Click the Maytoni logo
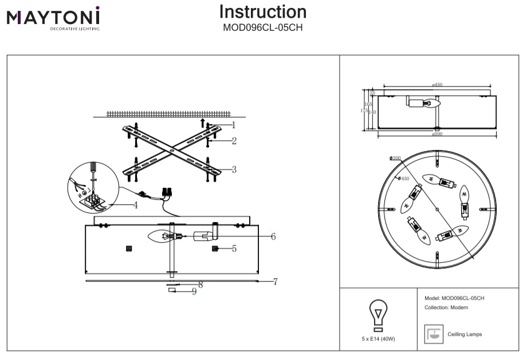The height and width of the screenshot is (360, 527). point(53,18)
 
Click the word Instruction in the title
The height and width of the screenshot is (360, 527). point(263,12)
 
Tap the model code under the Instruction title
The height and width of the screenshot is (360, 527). point(263,26)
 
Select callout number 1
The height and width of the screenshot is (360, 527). point(234,124)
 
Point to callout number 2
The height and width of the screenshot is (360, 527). point(234,141)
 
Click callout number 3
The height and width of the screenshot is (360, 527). point(234,169)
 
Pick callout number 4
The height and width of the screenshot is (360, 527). point(136,205)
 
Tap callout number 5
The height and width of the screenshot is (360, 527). point(234,249)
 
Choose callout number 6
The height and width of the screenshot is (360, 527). point(273,236)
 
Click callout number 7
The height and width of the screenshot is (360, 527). point(276,282)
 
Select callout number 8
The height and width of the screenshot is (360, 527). point(200,284)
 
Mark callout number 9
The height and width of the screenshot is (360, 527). point(194,292)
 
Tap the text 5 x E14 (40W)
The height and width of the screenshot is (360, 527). point(378,339)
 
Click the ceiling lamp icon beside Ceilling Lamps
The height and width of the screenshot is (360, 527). point(434,334)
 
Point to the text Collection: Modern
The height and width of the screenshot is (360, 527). point(446,308)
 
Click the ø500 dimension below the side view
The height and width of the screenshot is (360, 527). point(437,134)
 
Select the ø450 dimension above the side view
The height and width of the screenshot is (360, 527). point(437,85)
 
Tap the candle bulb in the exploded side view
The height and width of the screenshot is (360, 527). point(161,236)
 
